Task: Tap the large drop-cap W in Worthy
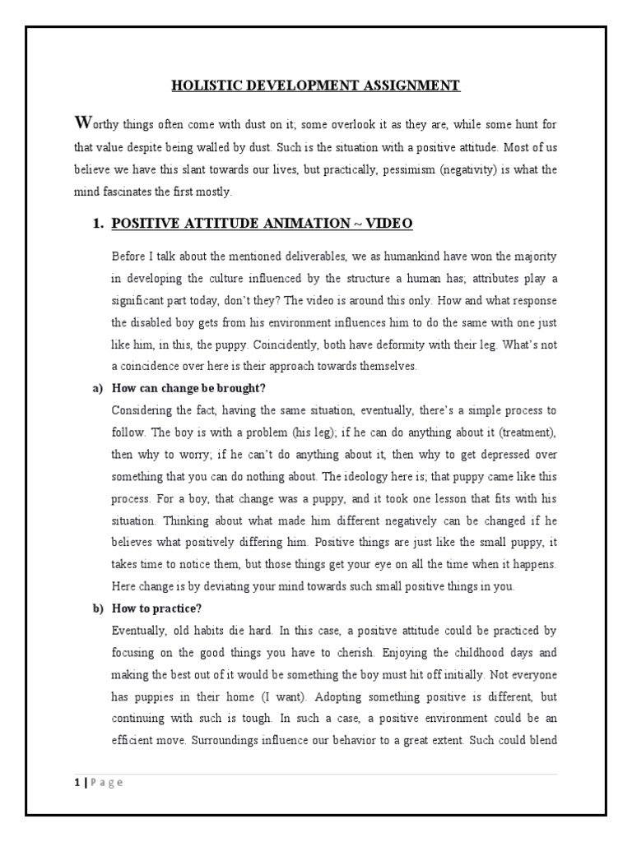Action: [81, 123]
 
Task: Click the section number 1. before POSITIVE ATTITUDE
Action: [97, 224]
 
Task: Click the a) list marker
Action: [95, 388]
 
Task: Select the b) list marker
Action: [95, 608]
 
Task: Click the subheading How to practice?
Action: [156, 608]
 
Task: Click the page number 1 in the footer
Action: [72, 782]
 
